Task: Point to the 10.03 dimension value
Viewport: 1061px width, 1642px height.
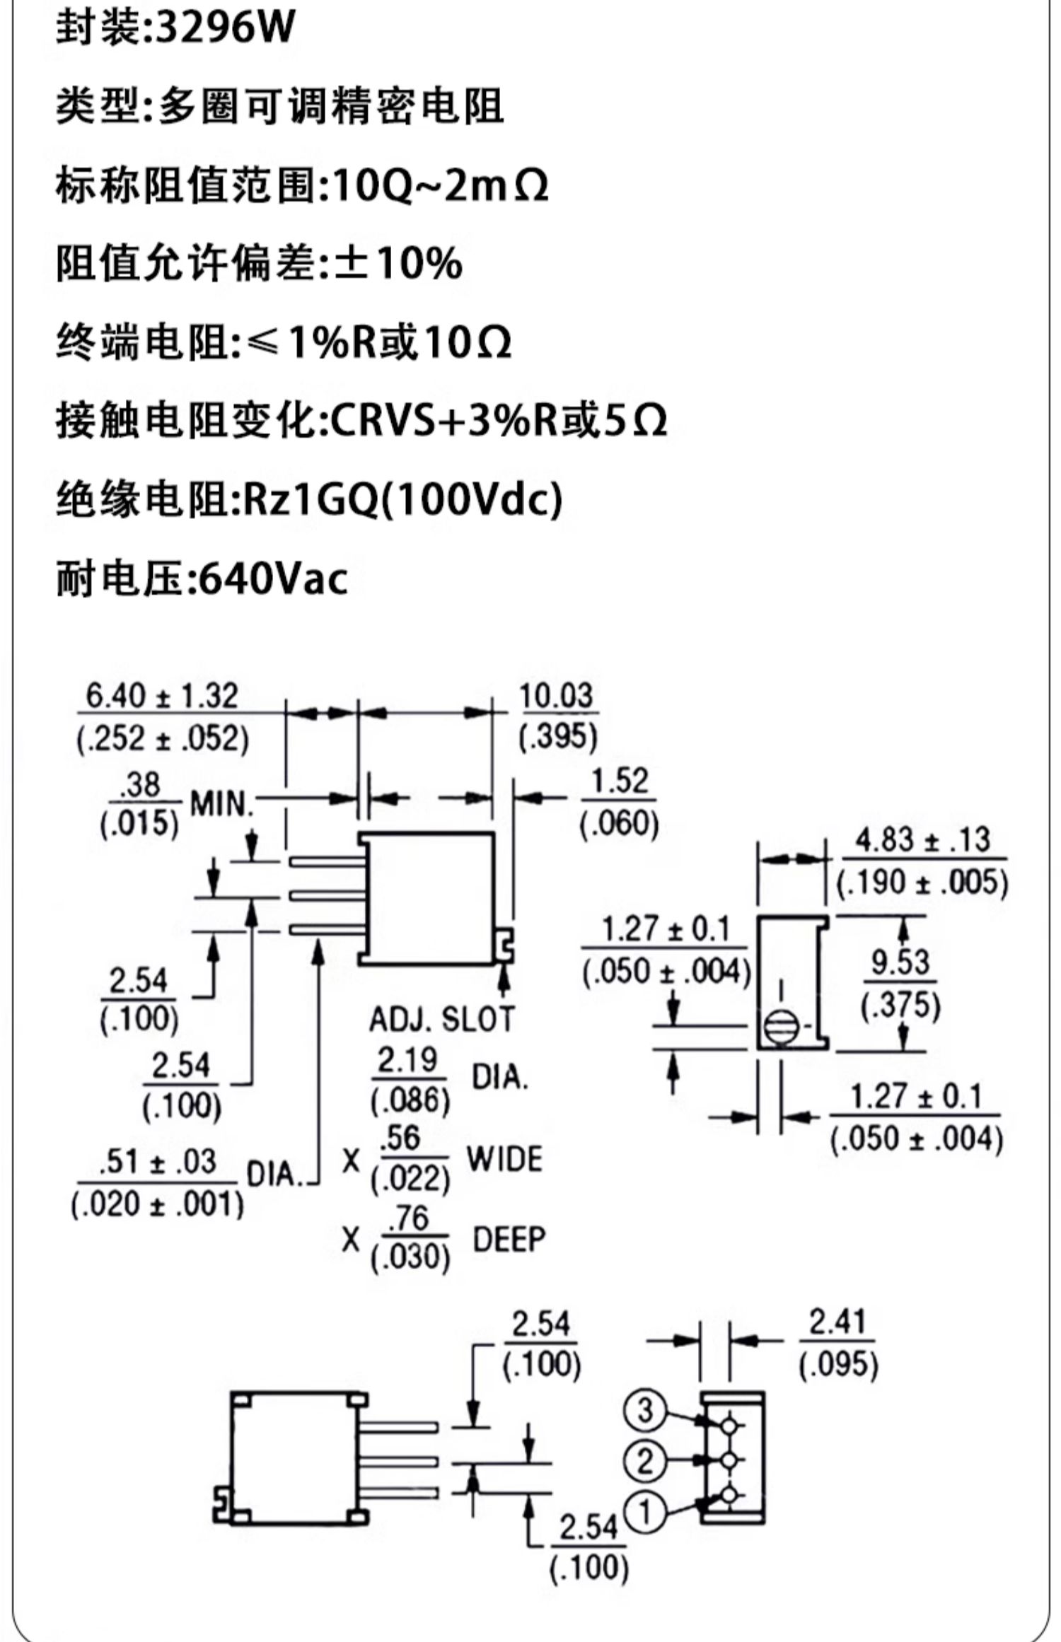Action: tap(557, 696)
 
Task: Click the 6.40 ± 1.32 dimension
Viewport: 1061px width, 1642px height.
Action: tap(162, 696)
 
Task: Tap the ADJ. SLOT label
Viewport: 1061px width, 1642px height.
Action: tap(442, 1019)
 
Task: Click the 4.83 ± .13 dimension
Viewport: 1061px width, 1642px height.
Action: tap(922, 840)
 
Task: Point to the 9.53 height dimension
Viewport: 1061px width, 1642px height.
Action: tap(900, 962)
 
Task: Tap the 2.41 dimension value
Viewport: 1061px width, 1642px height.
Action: tap(838, 1322)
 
